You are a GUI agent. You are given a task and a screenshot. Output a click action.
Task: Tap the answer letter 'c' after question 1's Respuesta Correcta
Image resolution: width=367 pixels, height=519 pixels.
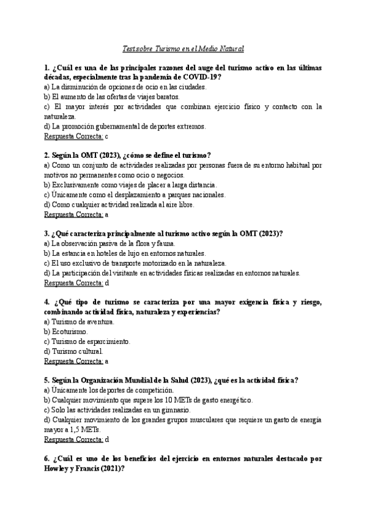106,136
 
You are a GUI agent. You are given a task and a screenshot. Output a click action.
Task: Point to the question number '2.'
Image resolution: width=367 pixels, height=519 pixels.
47,155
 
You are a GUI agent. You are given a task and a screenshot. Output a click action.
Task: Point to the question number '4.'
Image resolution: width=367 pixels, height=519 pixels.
47,302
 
